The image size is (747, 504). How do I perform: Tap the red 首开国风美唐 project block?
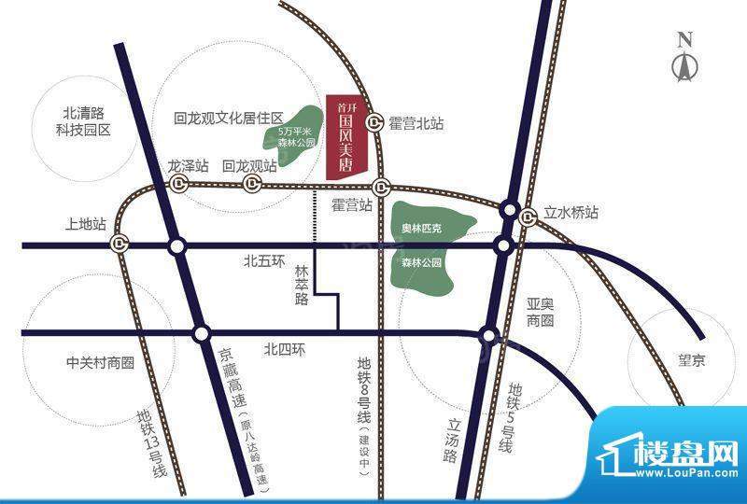coord(348,137)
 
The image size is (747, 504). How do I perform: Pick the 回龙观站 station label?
coord(249,166)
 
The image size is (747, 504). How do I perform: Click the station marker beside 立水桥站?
coord(528,217)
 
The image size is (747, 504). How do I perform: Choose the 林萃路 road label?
coord(302,285)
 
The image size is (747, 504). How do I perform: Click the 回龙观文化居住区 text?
coord(228,119)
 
